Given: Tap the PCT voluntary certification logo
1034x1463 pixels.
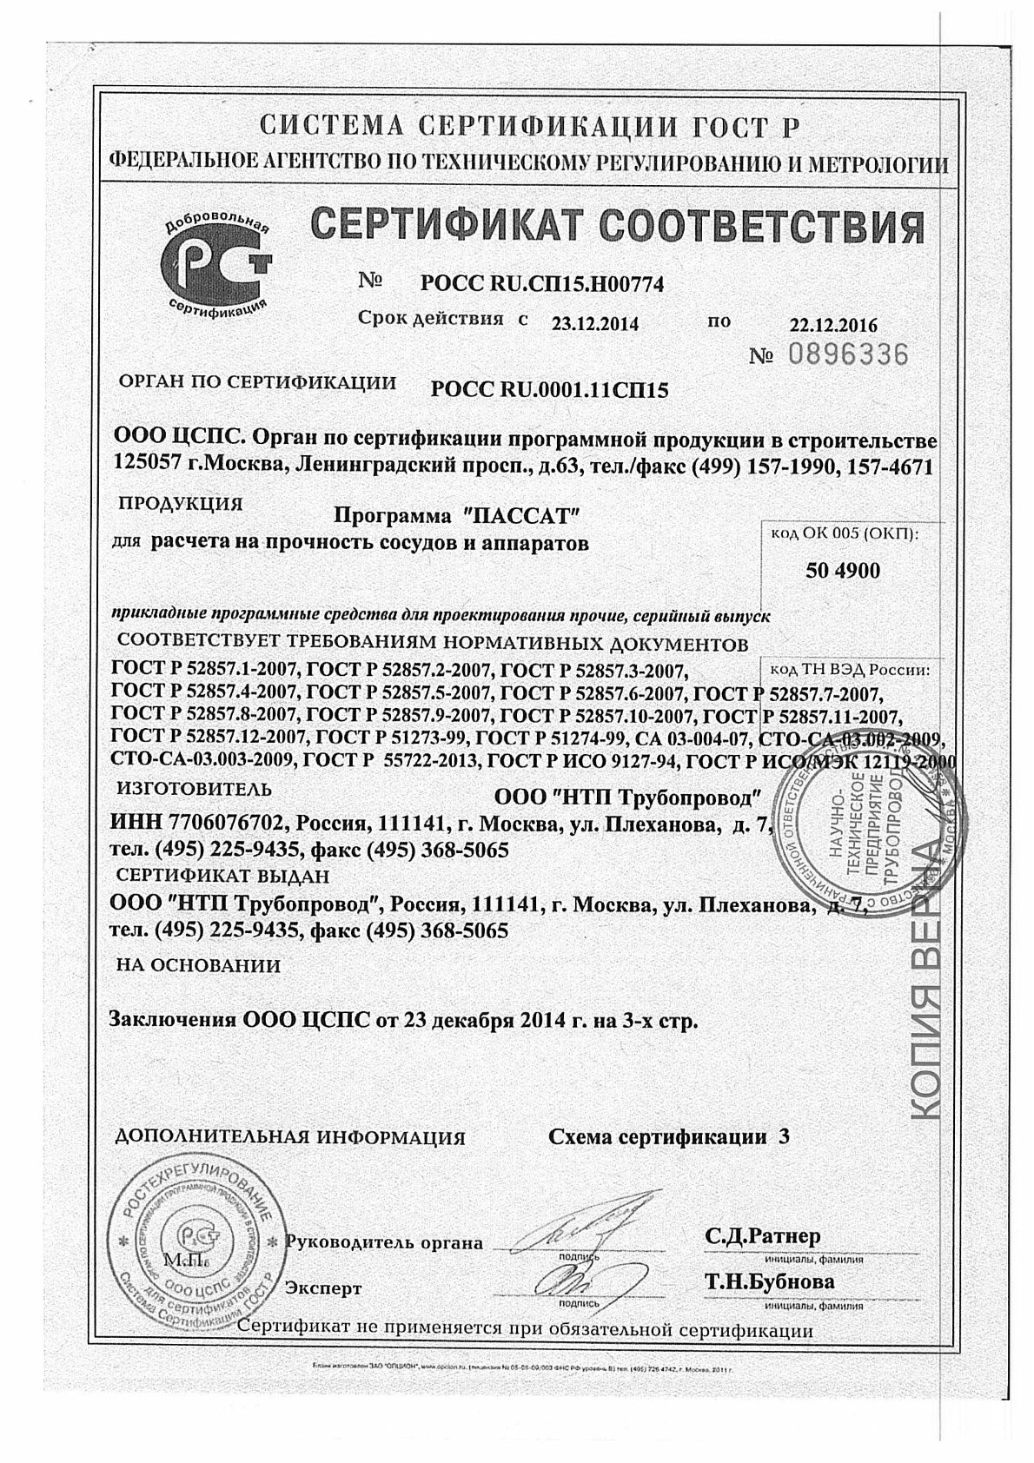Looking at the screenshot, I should [x=218, y=267].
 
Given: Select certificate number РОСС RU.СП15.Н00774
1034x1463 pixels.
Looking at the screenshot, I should [x=541, y=283].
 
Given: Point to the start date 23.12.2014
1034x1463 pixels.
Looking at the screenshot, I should [x=595, y=324].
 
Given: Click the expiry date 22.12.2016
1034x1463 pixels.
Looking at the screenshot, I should [x=833, y=326].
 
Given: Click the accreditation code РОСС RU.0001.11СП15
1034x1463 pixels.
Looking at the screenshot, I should [x=549, y=390].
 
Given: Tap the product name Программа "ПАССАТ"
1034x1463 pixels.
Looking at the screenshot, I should [x=456, y=515].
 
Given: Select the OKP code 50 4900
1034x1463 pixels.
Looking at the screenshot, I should [x=843, y=571].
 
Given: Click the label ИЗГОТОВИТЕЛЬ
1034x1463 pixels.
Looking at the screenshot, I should [x=194, y=790].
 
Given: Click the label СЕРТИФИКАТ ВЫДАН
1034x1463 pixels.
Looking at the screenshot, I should [x=223, y=876].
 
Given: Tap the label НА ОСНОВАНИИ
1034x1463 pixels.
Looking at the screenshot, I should [x=198, y=965].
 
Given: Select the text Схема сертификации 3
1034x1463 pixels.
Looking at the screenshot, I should [x=669, y=1136].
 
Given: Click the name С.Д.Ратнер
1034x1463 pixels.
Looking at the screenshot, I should [x=762, y=1235].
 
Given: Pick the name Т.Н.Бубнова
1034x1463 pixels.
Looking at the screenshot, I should [x=770, y=1281].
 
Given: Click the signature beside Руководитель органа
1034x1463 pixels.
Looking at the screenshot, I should [x=573, y=1229].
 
